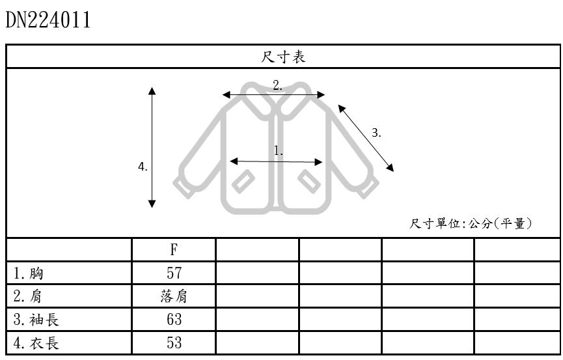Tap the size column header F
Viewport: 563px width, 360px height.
click(x=174, y=250)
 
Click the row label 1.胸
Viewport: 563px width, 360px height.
click(x=28, y=273)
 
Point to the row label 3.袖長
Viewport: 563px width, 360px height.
click(x=37, y=320)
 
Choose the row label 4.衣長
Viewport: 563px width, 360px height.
click(x=37, y=343)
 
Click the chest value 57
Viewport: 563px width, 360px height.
click(x=174, y=273)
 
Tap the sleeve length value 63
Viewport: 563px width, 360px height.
click(x=174, y=320)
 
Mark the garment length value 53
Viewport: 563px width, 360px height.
click(x=174, y=343)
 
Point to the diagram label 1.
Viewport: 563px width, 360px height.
click(x=279, y=150)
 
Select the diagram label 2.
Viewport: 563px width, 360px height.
click(x=277, y=85)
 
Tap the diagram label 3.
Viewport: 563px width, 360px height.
click(x=376, y=133)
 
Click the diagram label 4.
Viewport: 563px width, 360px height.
click(x=143, y=167)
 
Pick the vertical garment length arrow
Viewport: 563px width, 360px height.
click(x=152, y=147)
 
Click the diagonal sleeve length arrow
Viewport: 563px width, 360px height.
click(x=366, y=137)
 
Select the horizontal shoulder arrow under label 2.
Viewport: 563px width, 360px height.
click(x=273, y=95)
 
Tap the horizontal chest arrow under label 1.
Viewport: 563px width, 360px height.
click(x=277, y=161)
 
